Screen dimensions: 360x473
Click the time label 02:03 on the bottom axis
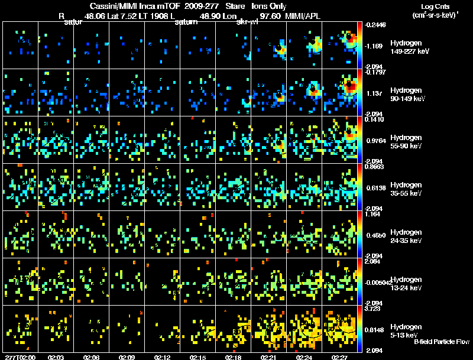click(x=56, y=357)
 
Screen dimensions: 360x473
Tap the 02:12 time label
click(x=163, y=357)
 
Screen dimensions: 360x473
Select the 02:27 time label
click(x=340, y=357)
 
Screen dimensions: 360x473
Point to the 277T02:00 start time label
click(x=19, y=357)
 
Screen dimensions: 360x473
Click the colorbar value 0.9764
click(x=376, y=141)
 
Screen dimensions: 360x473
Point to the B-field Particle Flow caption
click(x=441, y=342)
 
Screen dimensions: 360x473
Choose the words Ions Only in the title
click(x=269, y=7)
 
